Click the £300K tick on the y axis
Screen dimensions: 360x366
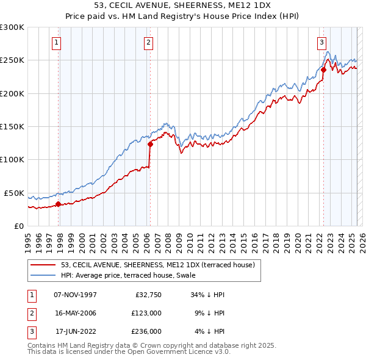click(12, 27)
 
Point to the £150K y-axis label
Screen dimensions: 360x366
click(12, 127)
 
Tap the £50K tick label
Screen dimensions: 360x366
click(14, 193)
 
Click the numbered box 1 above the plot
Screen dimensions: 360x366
click(56, 43)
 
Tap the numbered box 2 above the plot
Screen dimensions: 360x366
click(148, 43)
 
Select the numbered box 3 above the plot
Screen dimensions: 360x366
click(321, 43)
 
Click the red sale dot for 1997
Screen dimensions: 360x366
click(59, 204)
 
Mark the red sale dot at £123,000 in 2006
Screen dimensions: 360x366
click(150, 145)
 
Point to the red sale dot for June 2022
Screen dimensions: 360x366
click(323, 70)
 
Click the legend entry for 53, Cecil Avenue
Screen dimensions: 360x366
click(161, 265)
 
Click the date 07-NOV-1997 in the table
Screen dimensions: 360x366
click(75, 295)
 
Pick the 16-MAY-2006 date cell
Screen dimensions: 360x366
click(75, 313)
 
